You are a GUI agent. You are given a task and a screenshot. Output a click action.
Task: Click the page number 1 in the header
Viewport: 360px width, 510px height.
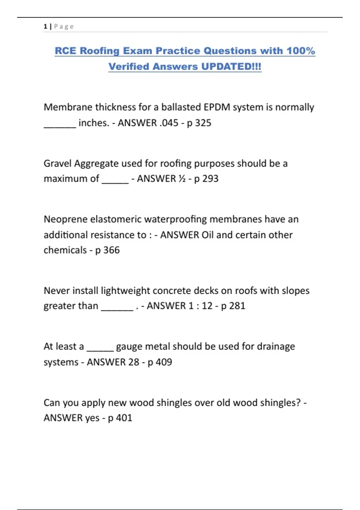[x=45, y=26]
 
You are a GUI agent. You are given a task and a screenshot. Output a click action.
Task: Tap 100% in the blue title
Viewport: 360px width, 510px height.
[x=301, y=51]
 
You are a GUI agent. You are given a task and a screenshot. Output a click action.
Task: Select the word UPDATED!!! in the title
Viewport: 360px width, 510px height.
[x=231, y=66]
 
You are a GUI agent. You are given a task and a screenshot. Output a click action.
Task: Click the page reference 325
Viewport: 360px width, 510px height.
[x=203, y=123]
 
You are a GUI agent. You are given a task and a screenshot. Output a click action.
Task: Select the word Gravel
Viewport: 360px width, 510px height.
[x=58, y=163]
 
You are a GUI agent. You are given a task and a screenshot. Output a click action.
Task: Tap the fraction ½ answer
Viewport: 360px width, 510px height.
[x=182, y=179]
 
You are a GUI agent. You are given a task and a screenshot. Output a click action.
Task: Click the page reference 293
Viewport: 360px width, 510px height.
[x=210, y=179]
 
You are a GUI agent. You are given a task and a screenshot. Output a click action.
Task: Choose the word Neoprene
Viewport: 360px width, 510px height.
[x=66, y=219]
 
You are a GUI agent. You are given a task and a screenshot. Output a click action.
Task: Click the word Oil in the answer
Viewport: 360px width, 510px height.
[x=207, y=235]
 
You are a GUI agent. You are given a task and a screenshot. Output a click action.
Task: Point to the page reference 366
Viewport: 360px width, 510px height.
[x=111, y=250]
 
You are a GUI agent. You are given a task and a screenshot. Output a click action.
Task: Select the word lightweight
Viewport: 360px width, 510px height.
[x=125, y=291]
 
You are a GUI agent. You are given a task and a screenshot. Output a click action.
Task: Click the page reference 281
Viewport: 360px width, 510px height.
[x=237, y=306]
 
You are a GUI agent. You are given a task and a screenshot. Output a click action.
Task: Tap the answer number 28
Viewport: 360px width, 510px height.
[x=133, y=362]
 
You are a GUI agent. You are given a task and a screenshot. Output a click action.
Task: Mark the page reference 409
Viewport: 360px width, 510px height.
[x=164, y=362]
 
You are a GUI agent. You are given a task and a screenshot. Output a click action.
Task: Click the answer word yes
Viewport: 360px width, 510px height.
[x=92, y=418]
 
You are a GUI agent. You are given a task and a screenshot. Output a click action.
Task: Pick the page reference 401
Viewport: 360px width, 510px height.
[x=124, y=418]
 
